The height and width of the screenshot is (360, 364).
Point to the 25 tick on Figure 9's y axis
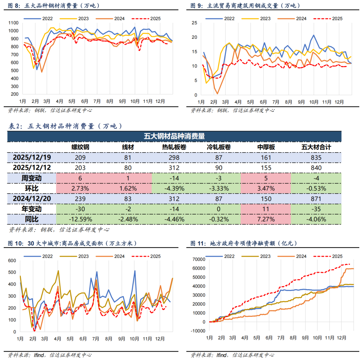(194, 23)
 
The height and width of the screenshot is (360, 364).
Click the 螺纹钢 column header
(80, 147)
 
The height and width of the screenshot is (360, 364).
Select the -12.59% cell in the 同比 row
(80, 219)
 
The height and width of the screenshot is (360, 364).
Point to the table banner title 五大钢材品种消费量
(174, 136)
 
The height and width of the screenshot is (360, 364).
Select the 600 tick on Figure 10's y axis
(12, 260)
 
